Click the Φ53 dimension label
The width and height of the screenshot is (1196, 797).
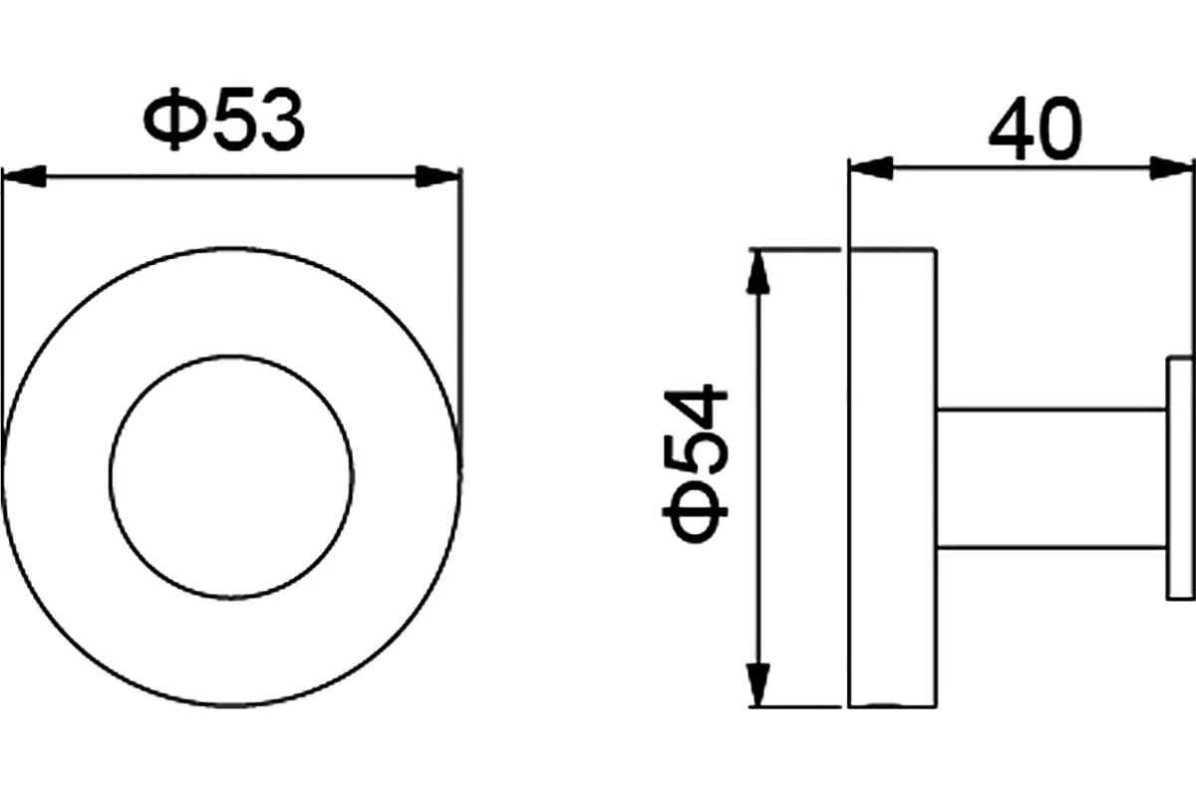coord(224,120)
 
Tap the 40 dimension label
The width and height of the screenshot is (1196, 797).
coord(1035,129)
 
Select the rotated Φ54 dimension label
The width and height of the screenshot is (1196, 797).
coord(696,463)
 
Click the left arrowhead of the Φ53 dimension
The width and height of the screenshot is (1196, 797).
coord(25,176)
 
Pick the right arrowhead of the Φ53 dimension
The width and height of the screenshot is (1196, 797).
coord(438,176)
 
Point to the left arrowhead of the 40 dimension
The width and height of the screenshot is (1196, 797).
coord(871,168)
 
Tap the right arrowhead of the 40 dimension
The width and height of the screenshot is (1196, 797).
coord(1171,168)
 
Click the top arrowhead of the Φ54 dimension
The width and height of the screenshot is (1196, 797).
coord(758,272)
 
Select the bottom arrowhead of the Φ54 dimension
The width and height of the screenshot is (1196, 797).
coord(758,684)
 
